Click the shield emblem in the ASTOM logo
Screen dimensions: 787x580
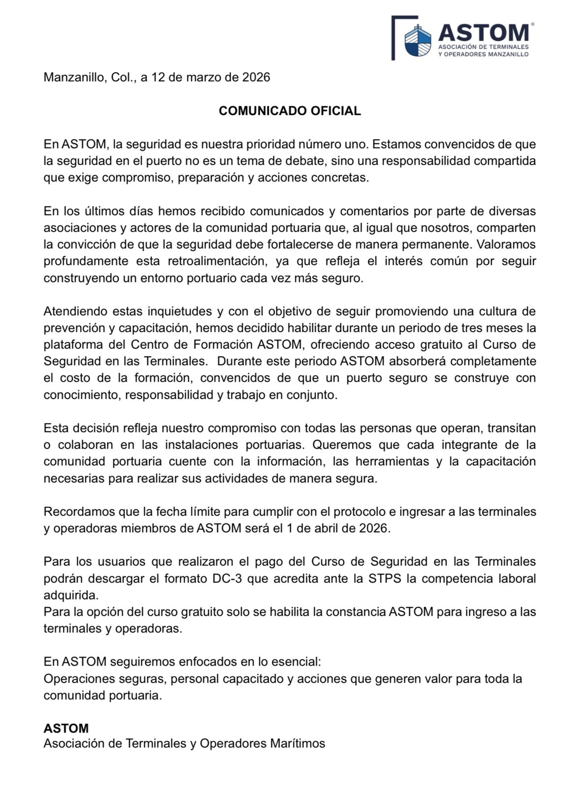418,39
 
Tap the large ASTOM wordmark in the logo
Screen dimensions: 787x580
483,32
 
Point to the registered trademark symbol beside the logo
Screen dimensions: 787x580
533,23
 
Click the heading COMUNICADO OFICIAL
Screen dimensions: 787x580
290,111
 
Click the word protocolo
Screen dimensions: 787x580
360,512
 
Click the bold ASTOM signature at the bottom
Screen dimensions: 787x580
66,728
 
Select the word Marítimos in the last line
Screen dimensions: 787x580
297,743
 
